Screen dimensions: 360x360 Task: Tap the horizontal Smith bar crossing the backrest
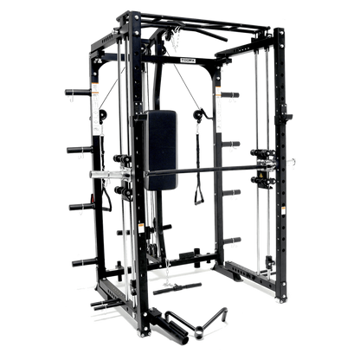pos(216,166)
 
